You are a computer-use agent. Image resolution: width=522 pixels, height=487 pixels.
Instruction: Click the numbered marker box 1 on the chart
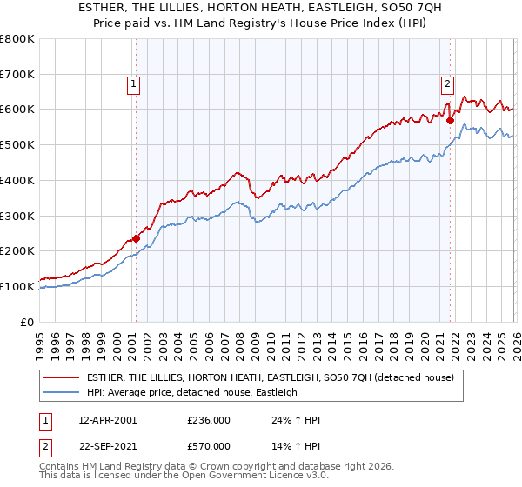135,84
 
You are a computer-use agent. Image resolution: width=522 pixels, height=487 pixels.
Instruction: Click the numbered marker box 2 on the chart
446,84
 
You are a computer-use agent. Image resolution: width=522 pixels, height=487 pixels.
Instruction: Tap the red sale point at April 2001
136,237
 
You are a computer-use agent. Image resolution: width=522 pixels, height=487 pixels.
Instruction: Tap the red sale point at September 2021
450,120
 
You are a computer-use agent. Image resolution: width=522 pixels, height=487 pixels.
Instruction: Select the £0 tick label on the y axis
28,322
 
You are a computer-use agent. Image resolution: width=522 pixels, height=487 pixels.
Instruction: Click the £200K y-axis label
17,250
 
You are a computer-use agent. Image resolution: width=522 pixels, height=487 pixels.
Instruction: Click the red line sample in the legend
63,377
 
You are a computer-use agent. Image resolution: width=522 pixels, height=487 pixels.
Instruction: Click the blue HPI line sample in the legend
63,392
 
